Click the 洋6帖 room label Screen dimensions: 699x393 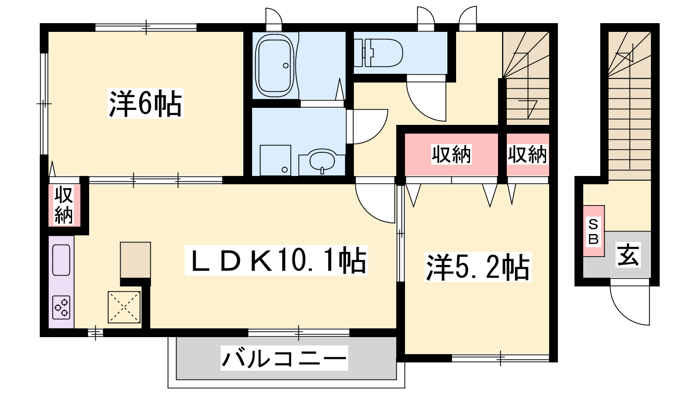pyautogui.click(x=145, y=103)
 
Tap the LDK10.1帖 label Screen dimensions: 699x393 pyautogui.click(x=277, y=260)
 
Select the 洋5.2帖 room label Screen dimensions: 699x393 pyautogui.click(x=478, y=267)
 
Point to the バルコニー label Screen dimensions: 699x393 pyautogui.click(x=284, y=358)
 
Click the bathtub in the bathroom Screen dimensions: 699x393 pyautogui.click(x=275, y=65)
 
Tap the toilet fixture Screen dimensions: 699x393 pyautogui.click(x=378, y=52)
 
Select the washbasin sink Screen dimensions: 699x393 pyautogui.click(x=322, y=161)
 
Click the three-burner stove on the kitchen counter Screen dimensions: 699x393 pyautogui.click(x=61, y=307)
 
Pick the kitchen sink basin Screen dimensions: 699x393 pyautogui.click(x=61, y=260)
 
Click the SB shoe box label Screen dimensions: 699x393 pyautogui.click(x=593, y=231)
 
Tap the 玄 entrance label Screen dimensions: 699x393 pyautogui.click(x=628, y=255)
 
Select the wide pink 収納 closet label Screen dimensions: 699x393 pyautogui.click(x=451, y=155)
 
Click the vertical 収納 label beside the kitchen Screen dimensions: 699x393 pyautogui.click(x=64, y=205)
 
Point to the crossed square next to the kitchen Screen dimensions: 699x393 pyautogui.click(x=124, y=307)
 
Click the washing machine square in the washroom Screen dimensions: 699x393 pyautogui.click(x=275, y=160)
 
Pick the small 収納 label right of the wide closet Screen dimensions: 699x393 pyautogui.click(x=527, y=155)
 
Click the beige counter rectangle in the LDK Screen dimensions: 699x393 pyautogui.click(x=135, y=260)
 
